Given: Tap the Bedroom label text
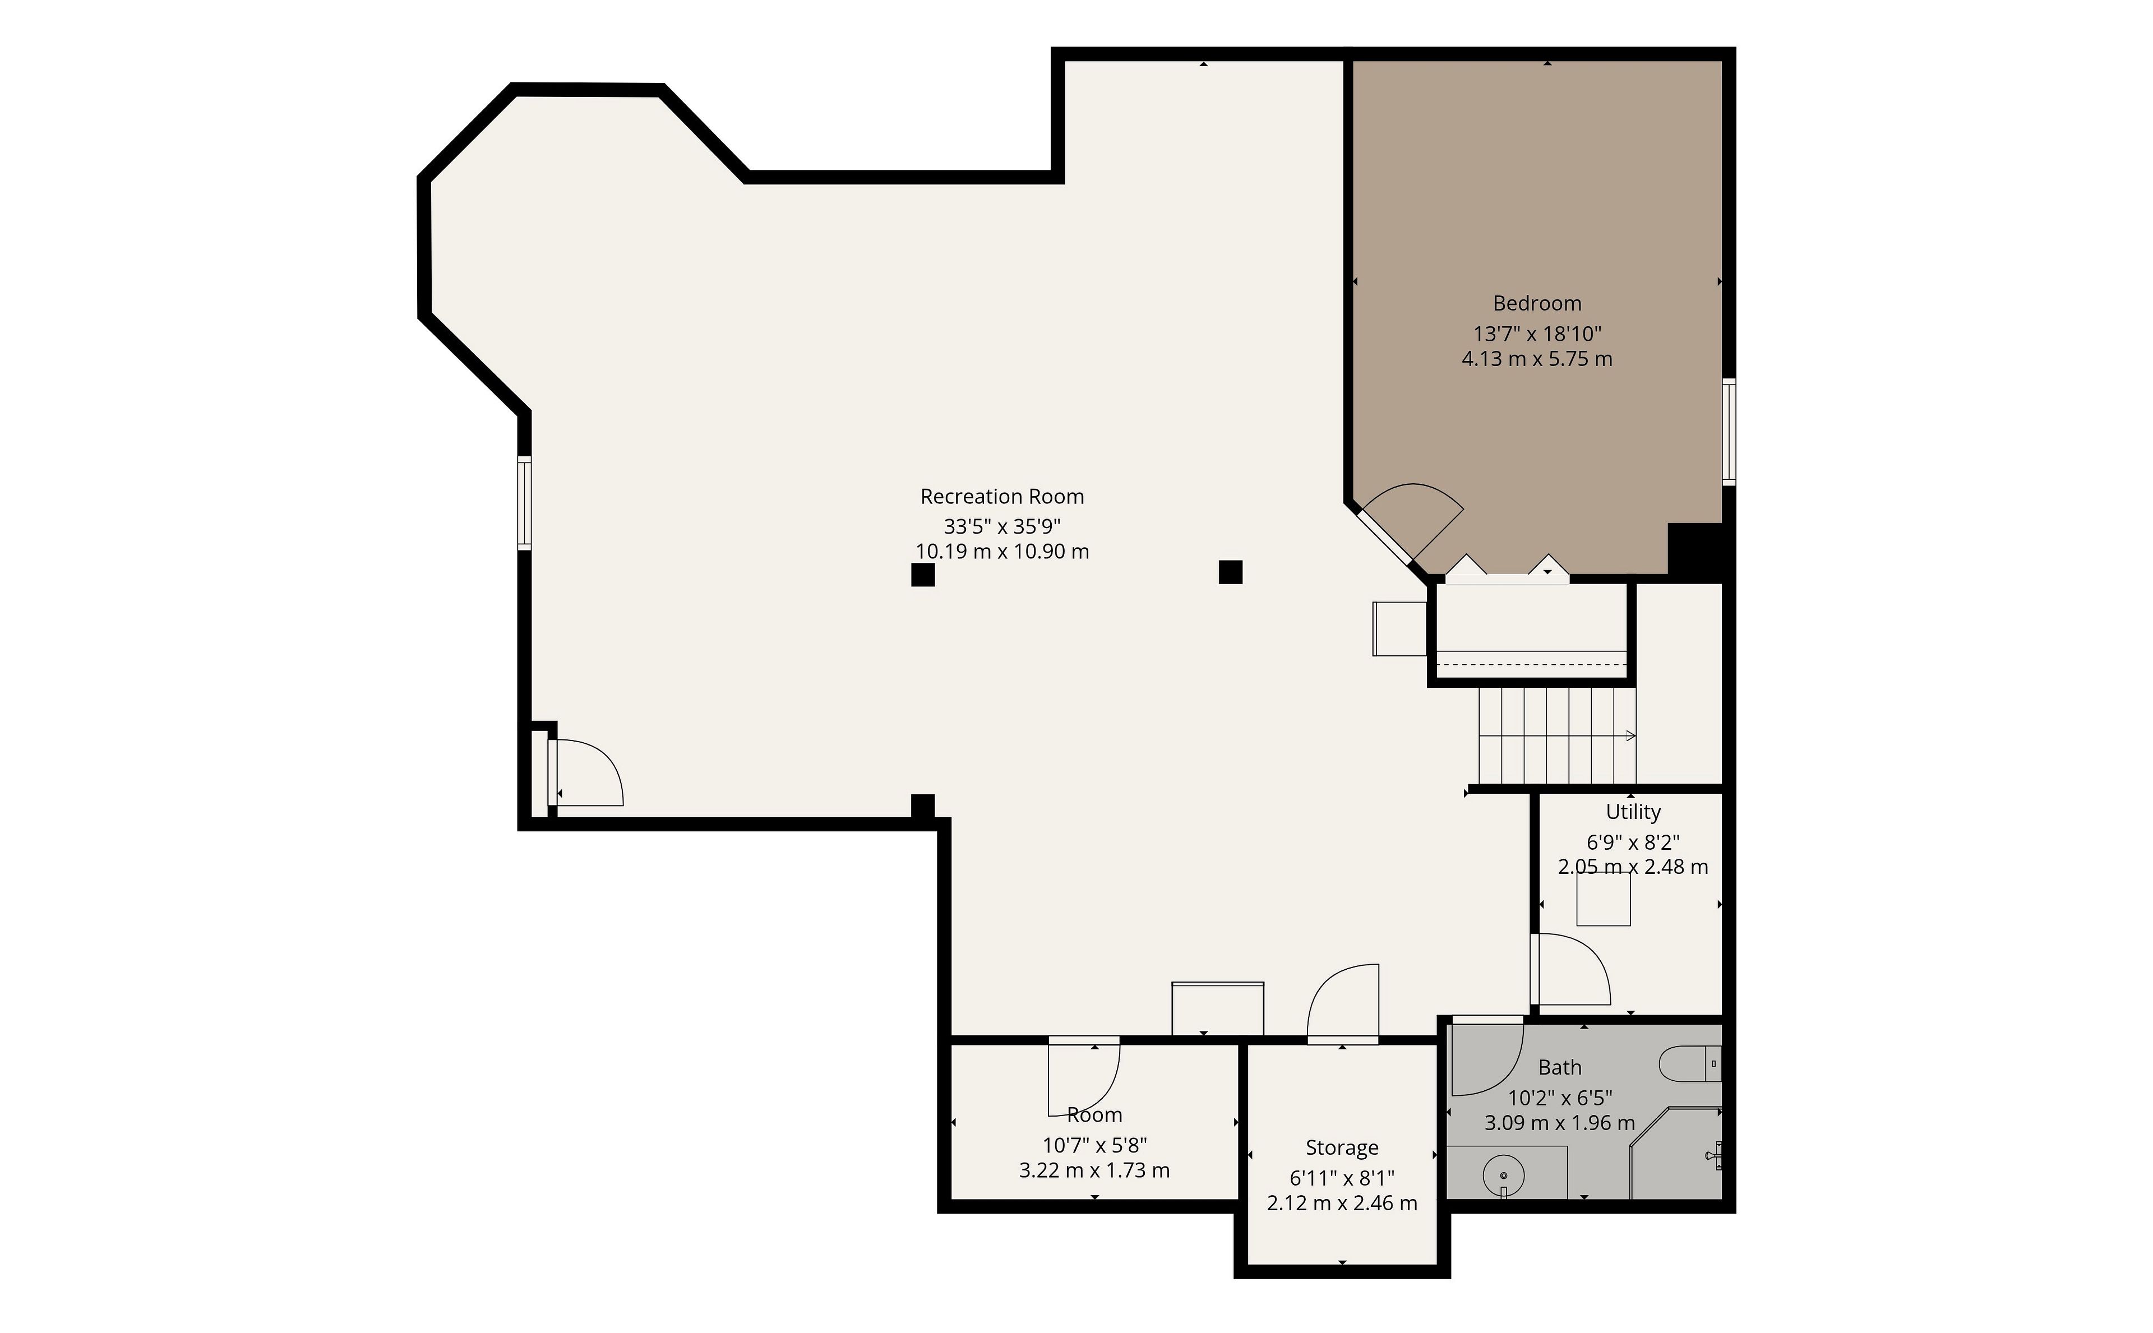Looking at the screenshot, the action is tap(1537, 303).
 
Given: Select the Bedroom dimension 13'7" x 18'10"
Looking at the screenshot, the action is tap(1537, 334).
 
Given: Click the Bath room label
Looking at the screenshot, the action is tap(1560, 1068).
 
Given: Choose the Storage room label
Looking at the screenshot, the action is tap(1342, 1148).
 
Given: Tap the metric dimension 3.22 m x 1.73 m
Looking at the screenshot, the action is tap(1094, 1171).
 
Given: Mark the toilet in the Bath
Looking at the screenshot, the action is tap(1689, 1064).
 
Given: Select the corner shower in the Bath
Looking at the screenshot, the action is tap(1675, 1154).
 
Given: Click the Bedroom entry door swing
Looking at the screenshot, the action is tap(1411, 520).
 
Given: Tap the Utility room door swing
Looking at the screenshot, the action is tap(1573, 970).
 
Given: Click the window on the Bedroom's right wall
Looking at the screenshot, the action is tap(1729, 432).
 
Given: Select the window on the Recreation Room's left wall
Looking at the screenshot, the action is tap(525, 503).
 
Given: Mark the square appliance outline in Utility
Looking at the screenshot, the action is tap(1603, 899).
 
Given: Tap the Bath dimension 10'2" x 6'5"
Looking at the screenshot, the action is tap(1560, 1099).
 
